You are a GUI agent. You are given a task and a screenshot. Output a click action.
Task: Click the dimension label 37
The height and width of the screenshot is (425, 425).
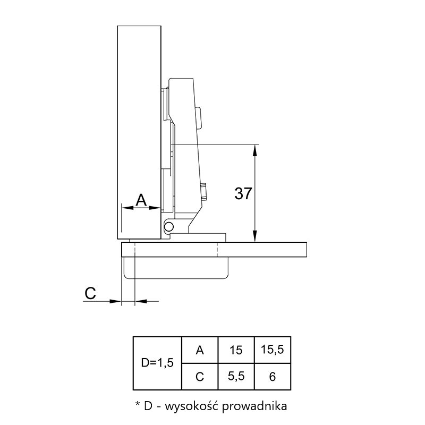(243, 193)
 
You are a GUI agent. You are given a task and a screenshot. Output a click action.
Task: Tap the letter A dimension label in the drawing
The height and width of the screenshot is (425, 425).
(141, 200)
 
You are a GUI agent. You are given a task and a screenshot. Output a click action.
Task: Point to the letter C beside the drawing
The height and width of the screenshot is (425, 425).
(90, 293)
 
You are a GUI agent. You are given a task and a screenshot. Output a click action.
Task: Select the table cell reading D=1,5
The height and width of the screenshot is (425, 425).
(157, 363)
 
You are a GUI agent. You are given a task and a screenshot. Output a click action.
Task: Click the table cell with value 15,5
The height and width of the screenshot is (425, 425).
(273, 350)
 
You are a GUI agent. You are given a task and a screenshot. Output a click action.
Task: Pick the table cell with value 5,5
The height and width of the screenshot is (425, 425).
(236, 377)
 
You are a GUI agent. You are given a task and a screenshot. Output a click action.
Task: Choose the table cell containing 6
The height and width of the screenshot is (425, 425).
(273, 377)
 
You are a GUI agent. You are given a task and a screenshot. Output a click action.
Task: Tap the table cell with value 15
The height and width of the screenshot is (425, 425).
(236, 350)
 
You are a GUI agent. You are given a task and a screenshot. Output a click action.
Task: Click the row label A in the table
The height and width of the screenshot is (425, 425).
(200, 350)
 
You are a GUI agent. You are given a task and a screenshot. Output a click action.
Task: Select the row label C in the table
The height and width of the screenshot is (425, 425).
(200, 377)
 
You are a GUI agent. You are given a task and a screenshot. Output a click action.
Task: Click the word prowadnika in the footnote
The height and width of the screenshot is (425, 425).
(254, 406)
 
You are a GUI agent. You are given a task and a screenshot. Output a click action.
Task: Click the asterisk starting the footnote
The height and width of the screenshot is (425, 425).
(138, 404)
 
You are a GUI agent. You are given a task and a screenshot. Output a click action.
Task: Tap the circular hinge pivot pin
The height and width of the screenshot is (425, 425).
(169, 226)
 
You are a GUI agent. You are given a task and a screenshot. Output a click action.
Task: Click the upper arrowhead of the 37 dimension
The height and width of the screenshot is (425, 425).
(254, 150)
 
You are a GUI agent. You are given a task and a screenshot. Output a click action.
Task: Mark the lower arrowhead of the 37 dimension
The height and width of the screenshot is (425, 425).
(254, 236)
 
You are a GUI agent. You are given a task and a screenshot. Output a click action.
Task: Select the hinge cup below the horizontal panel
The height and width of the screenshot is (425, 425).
(176, 268)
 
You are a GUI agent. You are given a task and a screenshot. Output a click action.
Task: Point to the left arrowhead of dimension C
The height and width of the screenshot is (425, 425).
(115, 301)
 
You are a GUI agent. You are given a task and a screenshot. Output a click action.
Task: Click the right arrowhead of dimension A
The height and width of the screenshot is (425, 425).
(155, 208)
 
